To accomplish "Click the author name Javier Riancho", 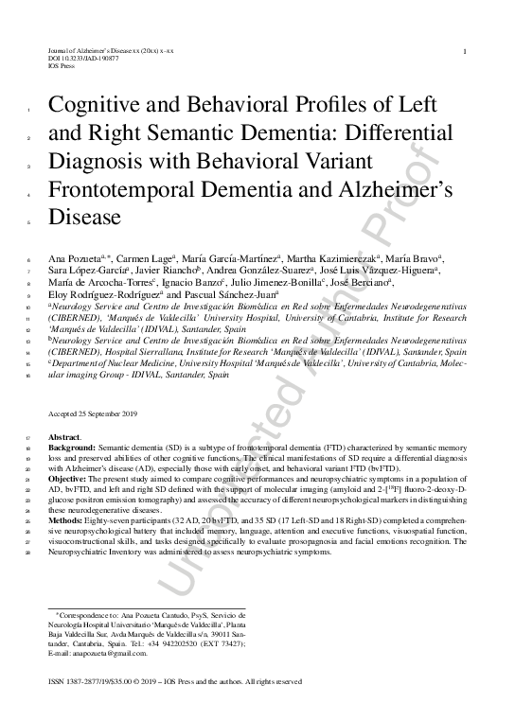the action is tap(159, 270).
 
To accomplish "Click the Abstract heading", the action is tap(63, 436).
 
